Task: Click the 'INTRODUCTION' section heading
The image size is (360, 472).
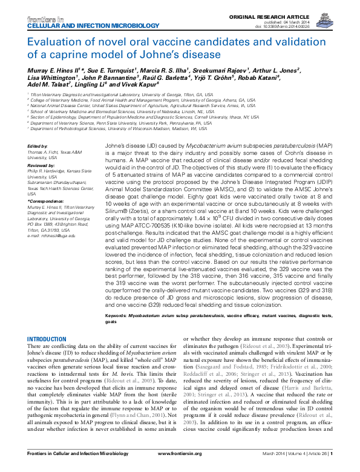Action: pos(50,338)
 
